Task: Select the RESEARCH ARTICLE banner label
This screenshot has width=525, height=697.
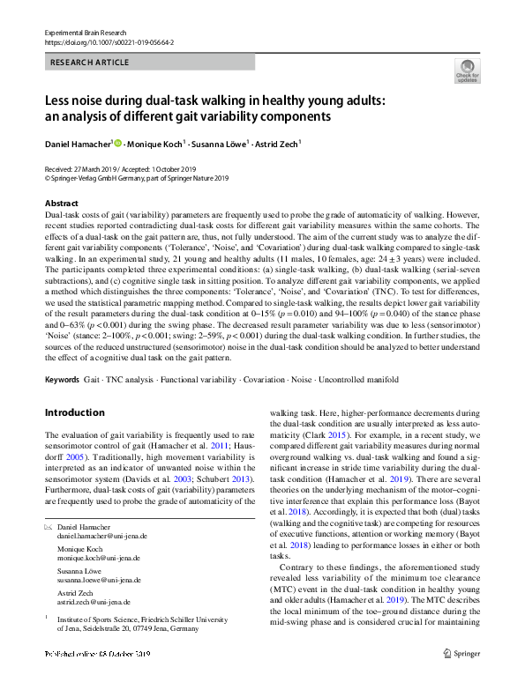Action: pyautogui.click(x=90, y=63)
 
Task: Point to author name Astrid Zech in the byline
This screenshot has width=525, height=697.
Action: pyautogui.click(x=276, y=144)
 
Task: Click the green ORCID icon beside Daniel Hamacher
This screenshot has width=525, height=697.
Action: pyautogui.click(x=116, y=143)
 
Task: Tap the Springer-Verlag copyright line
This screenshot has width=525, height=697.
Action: pyautogui.click(x=136, y=177)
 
